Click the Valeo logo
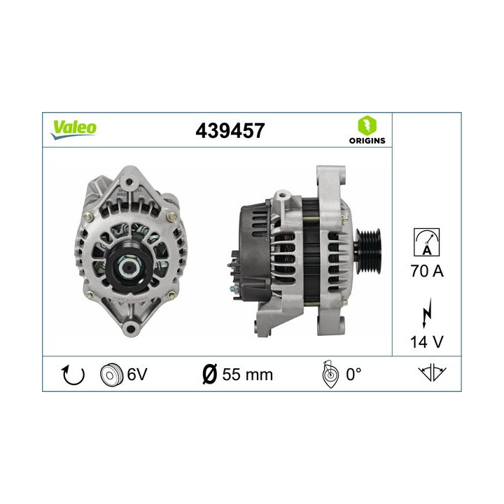73,128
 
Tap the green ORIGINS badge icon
366,126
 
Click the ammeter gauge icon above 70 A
426,244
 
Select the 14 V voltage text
426,343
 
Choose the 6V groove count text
136,374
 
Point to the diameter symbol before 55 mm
208,374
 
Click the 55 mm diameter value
246,374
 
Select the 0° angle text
353,374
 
